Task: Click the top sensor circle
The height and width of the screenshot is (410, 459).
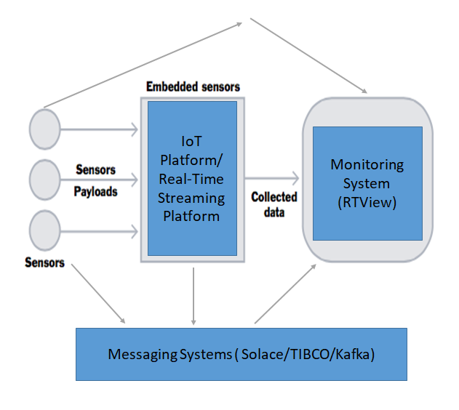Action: coord(44,129)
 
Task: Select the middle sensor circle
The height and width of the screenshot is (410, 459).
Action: coord(44,179)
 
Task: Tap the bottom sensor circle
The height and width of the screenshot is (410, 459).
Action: coord(44,230)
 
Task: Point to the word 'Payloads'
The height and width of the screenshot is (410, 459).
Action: coord(95,192)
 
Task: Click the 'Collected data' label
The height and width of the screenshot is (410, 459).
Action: coord(274,204)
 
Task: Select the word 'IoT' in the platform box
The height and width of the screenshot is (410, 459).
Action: coord(192,142)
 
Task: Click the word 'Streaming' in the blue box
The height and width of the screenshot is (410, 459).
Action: coord(192,198)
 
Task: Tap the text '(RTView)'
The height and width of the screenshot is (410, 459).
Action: coord(367,202)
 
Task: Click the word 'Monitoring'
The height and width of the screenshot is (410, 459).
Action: coord(367,164)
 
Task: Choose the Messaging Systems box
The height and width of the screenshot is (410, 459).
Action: coord(241,354)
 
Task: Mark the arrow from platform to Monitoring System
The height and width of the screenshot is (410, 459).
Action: coord(273,177)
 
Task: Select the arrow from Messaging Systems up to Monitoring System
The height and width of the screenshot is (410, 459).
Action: coord(285,292)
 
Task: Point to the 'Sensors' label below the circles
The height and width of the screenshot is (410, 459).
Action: coord(44,262)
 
